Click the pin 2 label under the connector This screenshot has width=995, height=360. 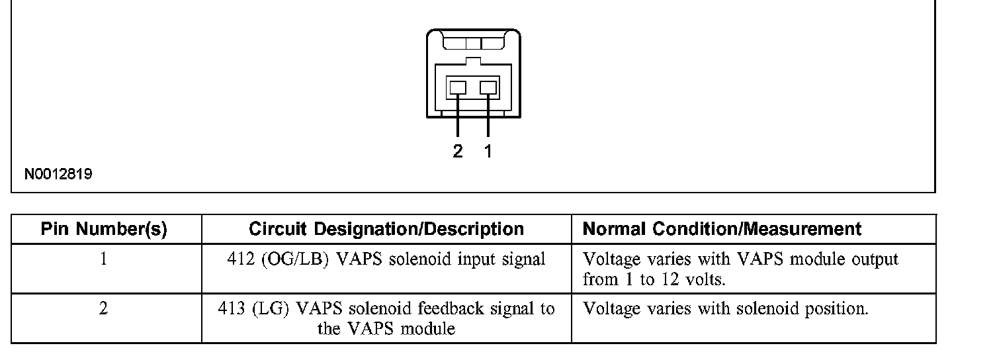(x=458, y=152)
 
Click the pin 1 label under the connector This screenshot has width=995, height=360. (x=488, y=152)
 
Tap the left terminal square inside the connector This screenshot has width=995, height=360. (x=458, y=87)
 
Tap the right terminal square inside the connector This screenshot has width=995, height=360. (x=488, y=87)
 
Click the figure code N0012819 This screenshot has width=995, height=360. (x=58, y=175)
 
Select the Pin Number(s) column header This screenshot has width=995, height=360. (x=104, y=230)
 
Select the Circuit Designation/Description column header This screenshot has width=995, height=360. (x=386, y=230)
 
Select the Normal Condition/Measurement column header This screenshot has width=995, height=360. (x=722, y=230)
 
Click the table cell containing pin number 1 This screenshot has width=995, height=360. (x=104, y=259)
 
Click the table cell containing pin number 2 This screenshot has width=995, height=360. (x=104, y=309)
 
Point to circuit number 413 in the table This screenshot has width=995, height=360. (x=233, y=309)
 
